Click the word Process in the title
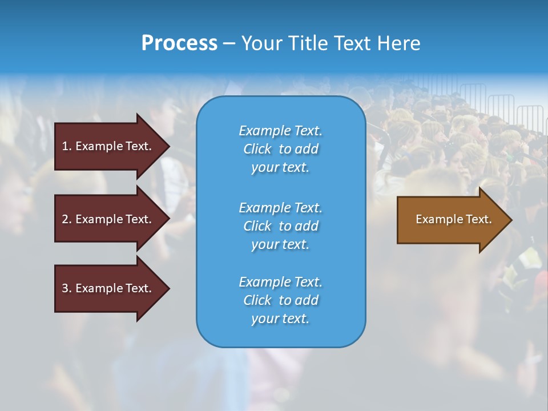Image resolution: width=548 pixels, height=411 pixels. [179, 43]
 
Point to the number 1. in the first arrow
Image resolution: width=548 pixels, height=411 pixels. [67, 146]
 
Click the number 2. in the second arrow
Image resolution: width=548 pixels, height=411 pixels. [67, 219]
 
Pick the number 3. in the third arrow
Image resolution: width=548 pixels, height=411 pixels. [67, 288]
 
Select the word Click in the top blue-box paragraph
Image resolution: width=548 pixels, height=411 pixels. [257, 149]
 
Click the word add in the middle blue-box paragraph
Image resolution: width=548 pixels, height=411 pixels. [307, 226]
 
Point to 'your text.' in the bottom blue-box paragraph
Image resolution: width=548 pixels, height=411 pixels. [280, 319]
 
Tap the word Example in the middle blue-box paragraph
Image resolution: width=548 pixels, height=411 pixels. [265, 208]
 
